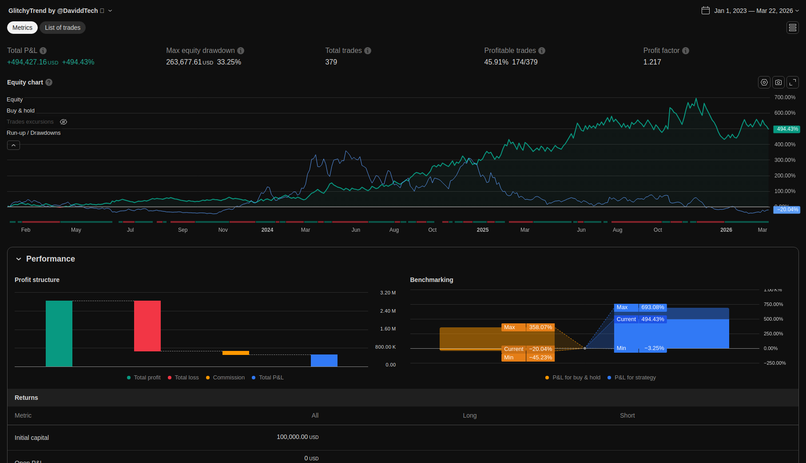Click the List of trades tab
tap(63, 28)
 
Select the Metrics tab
tap(22, 28)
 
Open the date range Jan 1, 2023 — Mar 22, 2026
tap(753, 11)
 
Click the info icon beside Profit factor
tap(686, 51)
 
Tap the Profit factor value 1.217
tap(652, 62)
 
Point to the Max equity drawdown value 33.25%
tap(229, 62)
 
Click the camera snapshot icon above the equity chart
tap(778, 82)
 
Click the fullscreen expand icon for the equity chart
tap(793, 82)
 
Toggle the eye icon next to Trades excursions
tap(64, 122)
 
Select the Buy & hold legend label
tap(20, 111)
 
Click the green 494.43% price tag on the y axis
tap(787, 129)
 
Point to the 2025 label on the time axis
tap(482, 230)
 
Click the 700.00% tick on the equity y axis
tap(785, 97)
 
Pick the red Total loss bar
tap(147, 326)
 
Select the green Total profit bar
tap(59, 334)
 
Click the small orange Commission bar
tap(236, 353)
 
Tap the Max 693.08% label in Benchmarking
tap(640, 307)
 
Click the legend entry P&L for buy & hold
tap(576, 378)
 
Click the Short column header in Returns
tap(627, 415)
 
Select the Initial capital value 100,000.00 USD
tap(298, 437)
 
